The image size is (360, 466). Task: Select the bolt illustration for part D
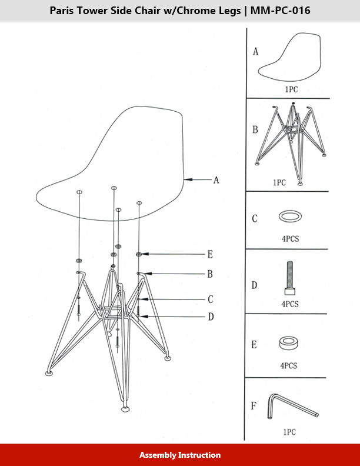coord(290,278)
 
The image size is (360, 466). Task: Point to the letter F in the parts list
coord(254,405)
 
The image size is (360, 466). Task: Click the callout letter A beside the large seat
coord(216,180)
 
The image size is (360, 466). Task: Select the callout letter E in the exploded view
coord(210,254)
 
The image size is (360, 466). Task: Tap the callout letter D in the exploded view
coord(211,317)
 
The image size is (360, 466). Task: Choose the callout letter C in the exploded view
coord(211,299)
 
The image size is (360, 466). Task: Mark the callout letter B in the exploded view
coord(210,274)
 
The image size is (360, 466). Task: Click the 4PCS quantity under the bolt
coord(290,304)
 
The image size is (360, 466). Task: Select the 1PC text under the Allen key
coord(289,432)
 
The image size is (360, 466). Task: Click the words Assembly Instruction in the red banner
coord(180,455)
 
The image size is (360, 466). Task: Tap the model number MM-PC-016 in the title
coord(281,11)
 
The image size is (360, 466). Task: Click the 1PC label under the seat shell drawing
coord(291,89)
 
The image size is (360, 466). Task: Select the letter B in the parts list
coord(255,130)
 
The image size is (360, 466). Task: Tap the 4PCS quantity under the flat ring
coord(291,239)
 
